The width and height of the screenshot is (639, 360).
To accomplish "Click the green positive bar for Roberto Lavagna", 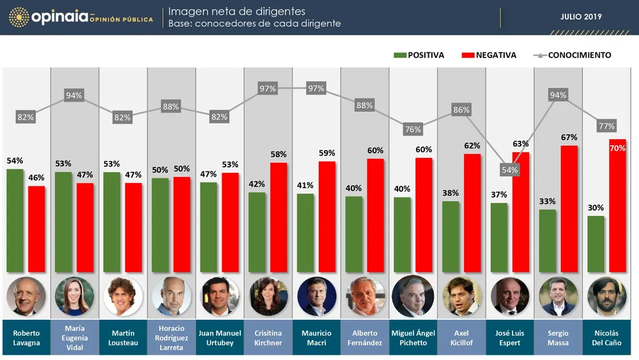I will [x=15, y=220].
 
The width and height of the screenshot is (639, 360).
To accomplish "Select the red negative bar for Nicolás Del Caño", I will [x=618, y=205].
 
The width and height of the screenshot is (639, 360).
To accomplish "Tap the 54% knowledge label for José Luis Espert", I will [x=509, y=170].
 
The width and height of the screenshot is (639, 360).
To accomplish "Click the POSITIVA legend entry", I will [x=419, y=55].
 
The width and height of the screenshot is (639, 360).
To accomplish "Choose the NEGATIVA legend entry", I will [x=489, y=55].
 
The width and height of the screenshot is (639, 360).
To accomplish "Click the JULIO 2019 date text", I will [x=581, y=17].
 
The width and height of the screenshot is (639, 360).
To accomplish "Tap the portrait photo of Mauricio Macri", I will [x=316, y=297].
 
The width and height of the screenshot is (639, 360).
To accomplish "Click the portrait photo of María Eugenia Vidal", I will [x=75, y=297].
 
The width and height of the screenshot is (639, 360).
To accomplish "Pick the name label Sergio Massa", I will [x=558, y=338].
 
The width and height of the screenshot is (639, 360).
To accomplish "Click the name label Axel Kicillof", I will [x=461, y=338].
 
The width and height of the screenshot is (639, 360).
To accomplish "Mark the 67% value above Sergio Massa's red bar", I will [x=569, y=137].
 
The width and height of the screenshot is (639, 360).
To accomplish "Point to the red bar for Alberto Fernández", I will [x=375, y=215].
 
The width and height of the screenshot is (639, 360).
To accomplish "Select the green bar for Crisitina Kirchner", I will [x=257, y=231].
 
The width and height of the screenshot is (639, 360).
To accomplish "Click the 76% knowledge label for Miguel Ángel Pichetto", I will [x=413, y=129].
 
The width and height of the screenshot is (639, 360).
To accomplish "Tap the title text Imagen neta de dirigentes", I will [x=236, y=12].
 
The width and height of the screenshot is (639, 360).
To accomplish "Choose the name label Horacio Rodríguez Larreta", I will [x=171, y=338].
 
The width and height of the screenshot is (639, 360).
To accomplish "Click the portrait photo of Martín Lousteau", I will [x=123, y=297].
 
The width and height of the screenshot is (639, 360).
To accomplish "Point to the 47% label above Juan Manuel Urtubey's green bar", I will [x=208, y=174].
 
